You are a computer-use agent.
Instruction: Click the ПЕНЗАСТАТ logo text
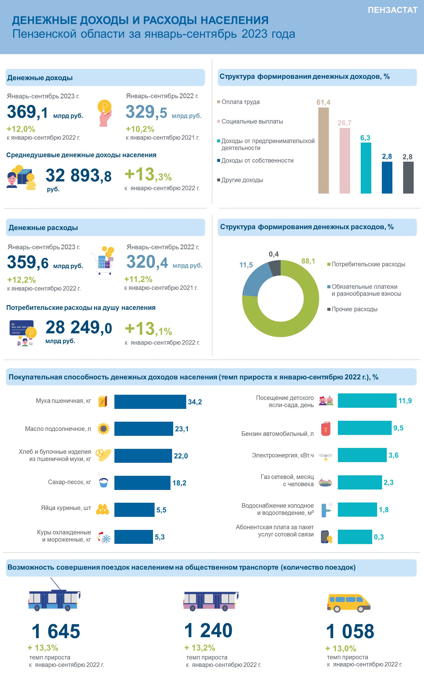[393, 10]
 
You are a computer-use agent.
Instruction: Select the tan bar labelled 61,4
[323, 150]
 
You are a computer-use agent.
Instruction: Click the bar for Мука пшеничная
[150, 401]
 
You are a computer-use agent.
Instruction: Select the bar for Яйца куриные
[134, 509]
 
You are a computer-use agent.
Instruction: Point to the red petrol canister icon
[326, 428]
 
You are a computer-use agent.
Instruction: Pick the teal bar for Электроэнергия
[362, 455]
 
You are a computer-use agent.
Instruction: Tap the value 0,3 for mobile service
[379, 537]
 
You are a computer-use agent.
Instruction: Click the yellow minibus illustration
[349, 602]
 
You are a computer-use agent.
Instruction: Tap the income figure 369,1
[27, 112]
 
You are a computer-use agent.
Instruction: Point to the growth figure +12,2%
[21, 280]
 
